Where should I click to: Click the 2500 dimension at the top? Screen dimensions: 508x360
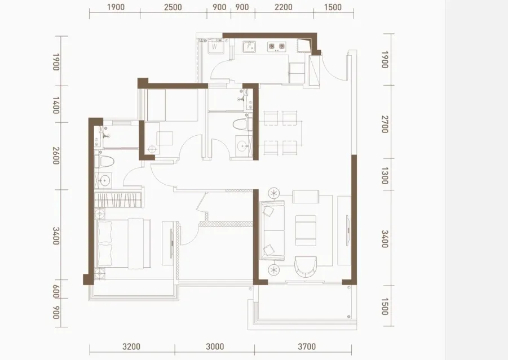[173, 7]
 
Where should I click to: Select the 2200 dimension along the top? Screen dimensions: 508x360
[284, 7]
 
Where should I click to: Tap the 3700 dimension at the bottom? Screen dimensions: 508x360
[307, 346]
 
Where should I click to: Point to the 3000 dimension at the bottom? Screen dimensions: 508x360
[215, 346]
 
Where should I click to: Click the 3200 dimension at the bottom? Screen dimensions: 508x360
[131, 346]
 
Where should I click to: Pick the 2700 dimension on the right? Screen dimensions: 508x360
[385, 124]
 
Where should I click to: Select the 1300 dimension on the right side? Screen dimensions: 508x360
[385, 175]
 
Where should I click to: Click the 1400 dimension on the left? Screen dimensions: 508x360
[56, 105]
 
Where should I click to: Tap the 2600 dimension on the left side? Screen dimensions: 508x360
[56, 155]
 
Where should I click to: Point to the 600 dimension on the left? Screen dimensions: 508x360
[56, 291]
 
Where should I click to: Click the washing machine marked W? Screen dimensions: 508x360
[214, 45]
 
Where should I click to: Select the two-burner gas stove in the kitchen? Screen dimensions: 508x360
[277, 47]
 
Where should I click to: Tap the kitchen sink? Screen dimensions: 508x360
[249, 47]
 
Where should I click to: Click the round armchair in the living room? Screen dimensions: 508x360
[306, 266]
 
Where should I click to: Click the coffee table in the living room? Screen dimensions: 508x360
[306, 230]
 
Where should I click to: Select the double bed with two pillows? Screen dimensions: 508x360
[123, 244]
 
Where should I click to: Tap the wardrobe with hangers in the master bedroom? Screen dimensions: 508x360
[118, 200]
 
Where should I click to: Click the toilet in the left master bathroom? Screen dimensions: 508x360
[105, 161]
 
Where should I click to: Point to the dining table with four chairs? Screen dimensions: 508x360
[281, 133]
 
